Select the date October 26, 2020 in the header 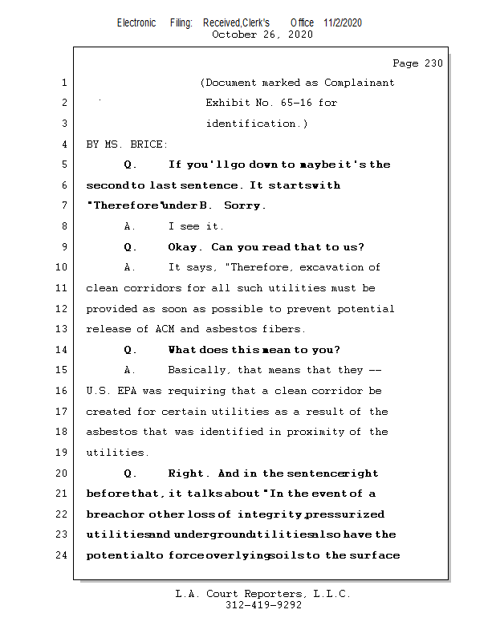(262, 35)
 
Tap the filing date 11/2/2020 (343, 22)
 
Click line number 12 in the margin (63, 309)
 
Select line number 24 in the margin (63, 555)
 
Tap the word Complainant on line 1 (360, 83)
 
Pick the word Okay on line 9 (183, 247)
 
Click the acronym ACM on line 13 (189, 329)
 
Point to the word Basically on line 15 (197, 370)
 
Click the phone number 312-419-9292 (263, 605)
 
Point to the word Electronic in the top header (136, 22)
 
